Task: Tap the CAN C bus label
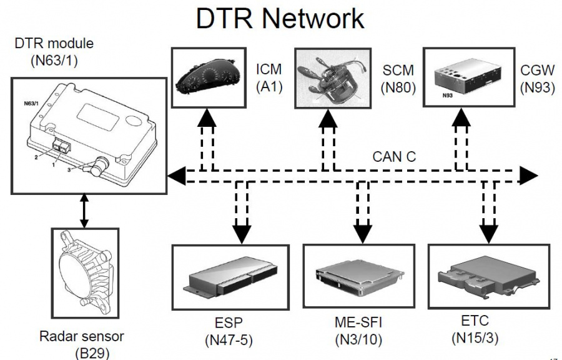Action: [x=394, y=157]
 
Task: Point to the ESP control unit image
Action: [x=232, y=275]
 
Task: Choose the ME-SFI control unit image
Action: [x=358, y=275]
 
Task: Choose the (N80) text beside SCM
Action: [x=398, y=88]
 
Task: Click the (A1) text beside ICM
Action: [x=270, y=88]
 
